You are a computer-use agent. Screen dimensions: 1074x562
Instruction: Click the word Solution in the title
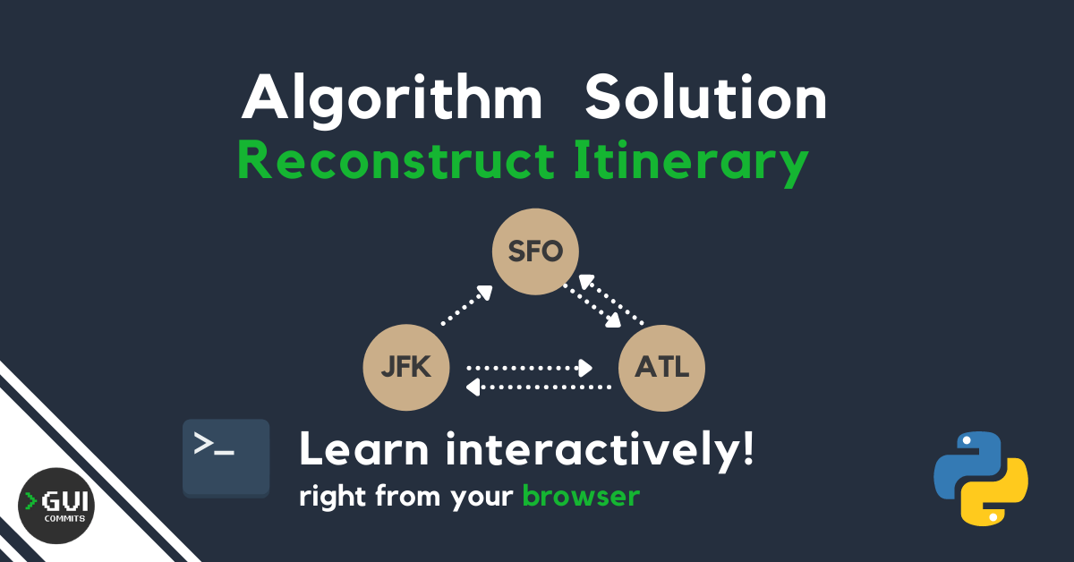[x=706, y=98]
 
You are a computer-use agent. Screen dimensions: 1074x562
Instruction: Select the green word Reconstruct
[x=396, y=160]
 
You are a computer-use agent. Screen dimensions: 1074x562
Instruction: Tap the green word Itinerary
[x=691, y=163]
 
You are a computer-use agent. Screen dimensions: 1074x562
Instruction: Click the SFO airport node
[x=535, y=251]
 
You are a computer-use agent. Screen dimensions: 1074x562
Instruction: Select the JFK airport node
[x=406, y=367]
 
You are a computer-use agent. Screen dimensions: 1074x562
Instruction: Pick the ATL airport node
[x=661, y=368]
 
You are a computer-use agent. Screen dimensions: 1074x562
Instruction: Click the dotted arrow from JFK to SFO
[x=466, y=305]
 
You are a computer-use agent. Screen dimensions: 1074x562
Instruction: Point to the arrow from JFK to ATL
[x=529, y=369]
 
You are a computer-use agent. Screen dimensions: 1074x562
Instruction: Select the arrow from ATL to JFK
[x=539, y=387]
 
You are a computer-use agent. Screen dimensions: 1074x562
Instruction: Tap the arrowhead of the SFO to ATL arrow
[x=613, y=319]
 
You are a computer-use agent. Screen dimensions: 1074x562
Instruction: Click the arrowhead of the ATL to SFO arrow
[x=587, y=282]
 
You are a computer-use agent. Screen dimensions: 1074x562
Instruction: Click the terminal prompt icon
[x=226, y=458]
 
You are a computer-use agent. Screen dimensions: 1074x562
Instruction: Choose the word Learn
[x=364, y=448]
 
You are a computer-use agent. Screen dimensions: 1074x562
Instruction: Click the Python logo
[x=981, y=479]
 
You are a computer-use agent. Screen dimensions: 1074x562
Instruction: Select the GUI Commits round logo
[x=56, y=506]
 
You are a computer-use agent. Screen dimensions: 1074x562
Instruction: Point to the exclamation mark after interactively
[x=747, y=447]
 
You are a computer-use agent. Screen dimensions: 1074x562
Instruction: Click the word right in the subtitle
[x=333, y=496]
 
